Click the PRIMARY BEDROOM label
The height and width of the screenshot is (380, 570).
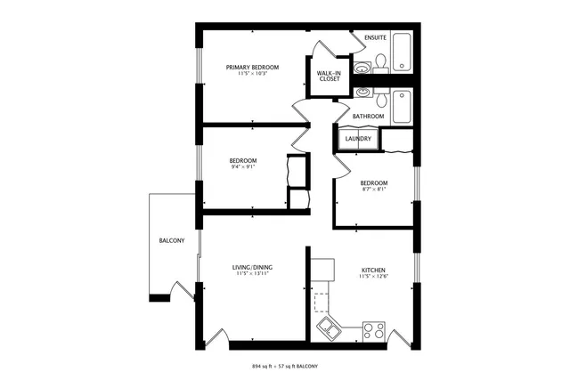click(252, 67)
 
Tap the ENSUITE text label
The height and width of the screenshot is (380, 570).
click(375, 37)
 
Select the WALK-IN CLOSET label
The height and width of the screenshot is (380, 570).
click(330, 76)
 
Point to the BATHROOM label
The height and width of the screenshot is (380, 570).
click(368, 117)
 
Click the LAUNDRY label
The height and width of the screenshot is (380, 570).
click(358, 139)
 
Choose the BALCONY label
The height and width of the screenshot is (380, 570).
click(172, 241)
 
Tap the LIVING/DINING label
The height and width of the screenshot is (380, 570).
click(252, 267)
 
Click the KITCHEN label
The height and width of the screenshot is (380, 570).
click(373, 270)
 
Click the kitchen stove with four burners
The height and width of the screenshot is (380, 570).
click(374, 331)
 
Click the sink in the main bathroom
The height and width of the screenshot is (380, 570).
click(363, 93)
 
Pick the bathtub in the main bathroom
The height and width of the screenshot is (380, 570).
click(402, 104)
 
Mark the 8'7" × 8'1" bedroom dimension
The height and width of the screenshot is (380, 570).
click(373, 189)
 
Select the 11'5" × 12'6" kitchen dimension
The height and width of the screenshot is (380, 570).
click(373, 277)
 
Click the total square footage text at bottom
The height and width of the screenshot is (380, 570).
click(285, 367)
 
